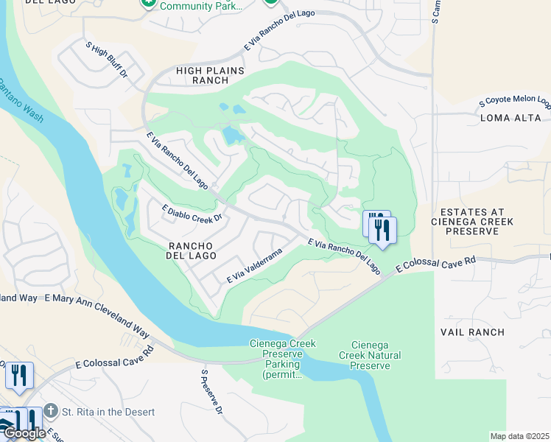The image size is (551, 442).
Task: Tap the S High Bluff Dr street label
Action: (x=107, y=59)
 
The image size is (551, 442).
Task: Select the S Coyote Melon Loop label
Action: (x=515, y=102)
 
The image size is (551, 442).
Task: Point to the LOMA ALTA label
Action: (x=510, y=118)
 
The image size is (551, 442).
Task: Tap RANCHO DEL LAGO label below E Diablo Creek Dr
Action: (x=190, y=250)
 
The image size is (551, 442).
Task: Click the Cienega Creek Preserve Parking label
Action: (x=273, y=359)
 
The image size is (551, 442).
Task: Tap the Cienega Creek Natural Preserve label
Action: (x=376, y=355)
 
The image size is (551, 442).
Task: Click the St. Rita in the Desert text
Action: (x=109, y=412)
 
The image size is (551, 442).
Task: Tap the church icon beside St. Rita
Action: (x=50, y=410)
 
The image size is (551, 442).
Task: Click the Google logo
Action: (x=24, y=433)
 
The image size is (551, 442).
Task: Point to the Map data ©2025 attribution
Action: (x=519, y=436)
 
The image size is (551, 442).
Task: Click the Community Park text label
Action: (x=201, y=6)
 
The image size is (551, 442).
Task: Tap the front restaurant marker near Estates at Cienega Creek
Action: (x=382, y=229)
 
